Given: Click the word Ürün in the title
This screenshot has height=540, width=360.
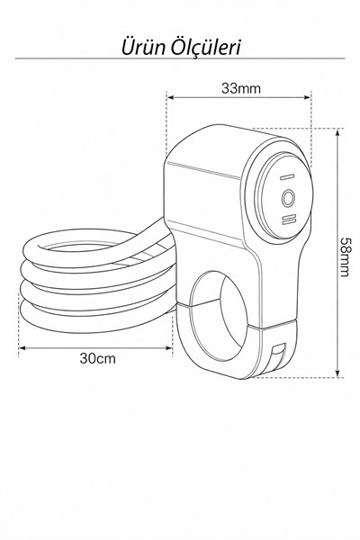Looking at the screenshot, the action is pos(143,47).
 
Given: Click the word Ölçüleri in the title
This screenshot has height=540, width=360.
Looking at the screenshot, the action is pos(206,47).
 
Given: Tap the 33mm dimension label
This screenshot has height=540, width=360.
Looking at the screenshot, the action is pos(241,88).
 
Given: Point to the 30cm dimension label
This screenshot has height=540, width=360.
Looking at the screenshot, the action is pos(97,358).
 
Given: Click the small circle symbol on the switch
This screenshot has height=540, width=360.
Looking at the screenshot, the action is pos(288,198).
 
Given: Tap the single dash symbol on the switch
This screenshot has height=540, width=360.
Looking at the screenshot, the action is pos(286,177).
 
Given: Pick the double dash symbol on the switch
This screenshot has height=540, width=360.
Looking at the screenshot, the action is pos(288,220).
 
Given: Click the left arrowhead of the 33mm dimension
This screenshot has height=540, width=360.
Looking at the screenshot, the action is pos(169,97).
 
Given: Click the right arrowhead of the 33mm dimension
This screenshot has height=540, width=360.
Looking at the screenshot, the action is pos(308,97).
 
